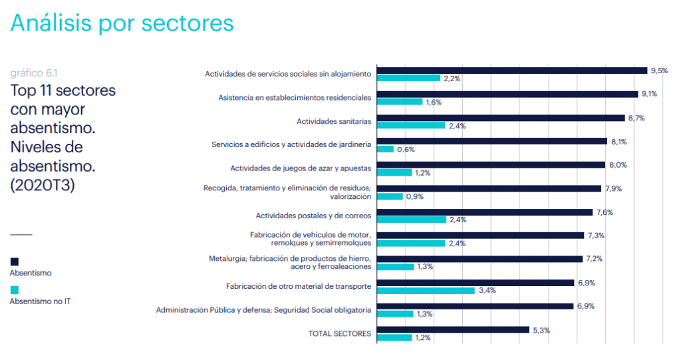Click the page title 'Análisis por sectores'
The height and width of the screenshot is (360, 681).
click(x=122, y=23)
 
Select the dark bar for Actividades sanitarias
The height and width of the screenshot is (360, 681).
click(x=501, y=118)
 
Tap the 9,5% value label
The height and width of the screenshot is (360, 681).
click(x=659, y=71)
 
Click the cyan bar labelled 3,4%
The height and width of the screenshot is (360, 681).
click(x=426, y=290)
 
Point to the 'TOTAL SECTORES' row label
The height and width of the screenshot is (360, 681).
click(x=340, y=333)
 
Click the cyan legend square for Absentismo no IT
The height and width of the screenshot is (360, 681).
click(x=15, y=290)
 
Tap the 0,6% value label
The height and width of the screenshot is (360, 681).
click(x=406, y=149)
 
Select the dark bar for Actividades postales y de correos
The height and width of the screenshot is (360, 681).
click(x=485, y=212)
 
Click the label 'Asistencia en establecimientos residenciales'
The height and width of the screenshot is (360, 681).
click(x=295, y=98)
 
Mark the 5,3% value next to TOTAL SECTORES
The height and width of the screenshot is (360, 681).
click(x=541, y=330)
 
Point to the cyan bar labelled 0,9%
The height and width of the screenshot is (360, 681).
click(x=390, y=196)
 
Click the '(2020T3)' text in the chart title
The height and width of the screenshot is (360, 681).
click(x=43, y=186)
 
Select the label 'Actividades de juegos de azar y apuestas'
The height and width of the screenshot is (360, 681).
click(x=301, y=168)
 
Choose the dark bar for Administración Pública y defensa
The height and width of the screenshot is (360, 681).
click(x=475, y=306)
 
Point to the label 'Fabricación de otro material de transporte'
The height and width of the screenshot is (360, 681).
click(x=299, y=286)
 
